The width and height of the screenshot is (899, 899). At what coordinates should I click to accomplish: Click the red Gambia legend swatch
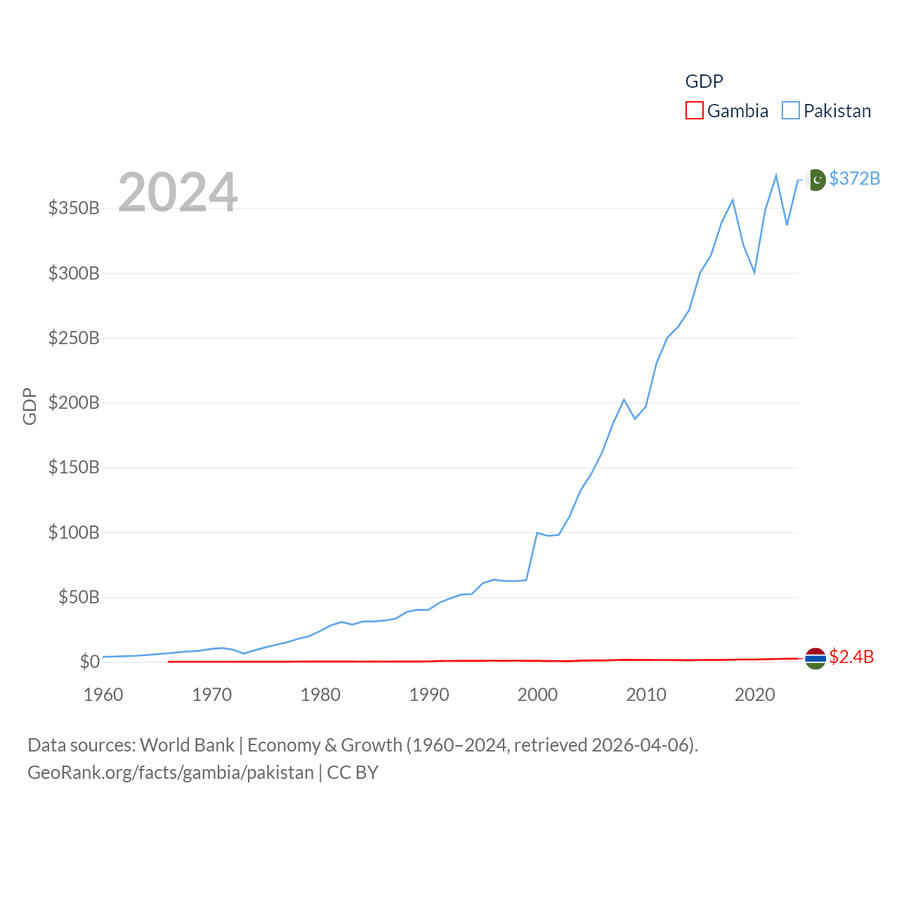(694, 111)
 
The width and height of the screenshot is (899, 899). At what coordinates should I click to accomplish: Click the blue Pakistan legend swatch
(791, 111)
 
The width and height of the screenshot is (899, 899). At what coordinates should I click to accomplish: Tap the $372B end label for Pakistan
(854, 178)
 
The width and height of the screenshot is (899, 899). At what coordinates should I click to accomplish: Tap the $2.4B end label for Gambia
(851, 657)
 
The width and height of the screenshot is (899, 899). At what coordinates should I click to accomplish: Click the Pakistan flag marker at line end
(815, 180)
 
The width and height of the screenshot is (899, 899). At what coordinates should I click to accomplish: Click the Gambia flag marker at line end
(815, 658)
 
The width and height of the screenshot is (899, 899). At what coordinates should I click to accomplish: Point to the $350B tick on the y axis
(74, 208)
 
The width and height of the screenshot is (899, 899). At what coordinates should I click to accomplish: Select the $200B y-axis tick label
(74, 402)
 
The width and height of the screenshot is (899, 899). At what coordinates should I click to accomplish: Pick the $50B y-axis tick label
(78, 597)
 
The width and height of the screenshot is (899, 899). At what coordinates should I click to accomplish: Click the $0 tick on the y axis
(89, 662)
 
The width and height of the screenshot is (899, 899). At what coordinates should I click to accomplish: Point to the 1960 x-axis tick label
(103, 695)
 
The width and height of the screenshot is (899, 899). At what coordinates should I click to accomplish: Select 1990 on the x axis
(429, 695)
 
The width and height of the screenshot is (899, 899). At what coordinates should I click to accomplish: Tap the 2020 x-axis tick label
(754, 695)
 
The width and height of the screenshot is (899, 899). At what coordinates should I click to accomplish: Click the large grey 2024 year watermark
(178, 192)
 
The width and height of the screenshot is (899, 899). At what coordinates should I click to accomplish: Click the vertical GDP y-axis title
(29, 406)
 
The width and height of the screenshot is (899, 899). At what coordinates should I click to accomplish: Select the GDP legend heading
(704, 81)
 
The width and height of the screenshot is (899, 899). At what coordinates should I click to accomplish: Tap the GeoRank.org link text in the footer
(171, 773)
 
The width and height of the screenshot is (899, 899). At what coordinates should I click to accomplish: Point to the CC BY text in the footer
(353, 773)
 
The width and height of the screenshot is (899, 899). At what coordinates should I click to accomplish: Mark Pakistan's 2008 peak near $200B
(624, 400)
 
